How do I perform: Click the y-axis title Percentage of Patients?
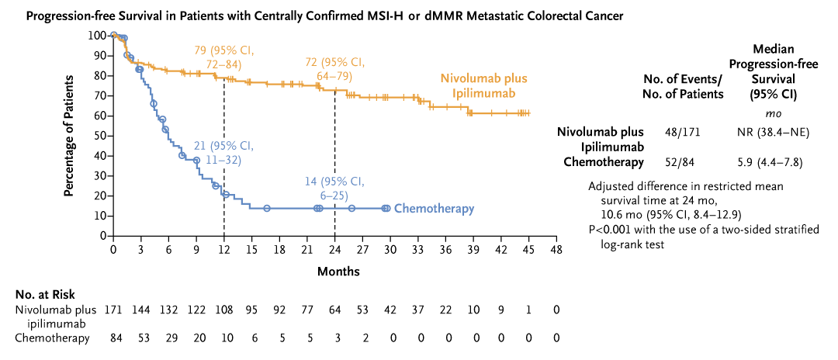click(x=69, y=136)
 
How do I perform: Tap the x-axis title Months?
click(x=338, y=272)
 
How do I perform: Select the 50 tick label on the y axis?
click(x=99, y=136)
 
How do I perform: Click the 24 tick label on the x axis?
click(x=334, y=251)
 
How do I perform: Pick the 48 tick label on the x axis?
click(x=556, y=251)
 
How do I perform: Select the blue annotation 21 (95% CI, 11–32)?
click(x=224, y=154)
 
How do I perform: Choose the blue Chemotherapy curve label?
click(x=434, y=209)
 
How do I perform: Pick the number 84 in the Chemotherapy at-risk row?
click(x=113, y=338)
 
